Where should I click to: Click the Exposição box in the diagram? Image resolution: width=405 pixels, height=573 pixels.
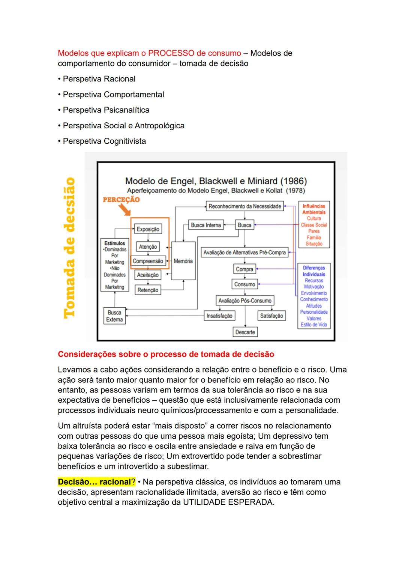pos(148,229)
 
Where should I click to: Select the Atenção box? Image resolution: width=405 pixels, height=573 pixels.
pos(148,247)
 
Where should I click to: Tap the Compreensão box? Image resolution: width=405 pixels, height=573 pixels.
pos(148,261)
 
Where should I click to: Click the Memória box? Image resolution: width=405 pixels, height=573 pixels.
pos(183,261)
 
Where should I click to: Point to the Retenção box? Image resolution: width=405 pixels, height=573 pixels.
pos(148,290)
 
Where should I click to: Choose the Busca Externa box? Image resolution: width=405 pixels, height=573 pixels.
pos(114,316)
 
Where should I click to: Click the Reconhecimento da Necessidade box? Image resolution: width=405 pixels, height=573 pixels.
pos(244,206)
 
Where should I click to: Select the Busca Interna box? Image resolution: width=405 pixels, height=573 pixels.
pos(205,225)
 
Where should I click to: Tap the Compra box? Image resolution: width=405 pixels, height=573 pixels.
pos(244,269)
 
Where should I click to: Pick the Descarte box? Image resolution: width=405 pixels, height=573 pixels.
pos(245,332)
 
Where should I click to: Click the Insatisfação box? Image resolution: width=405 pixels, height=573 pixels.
pos(219,316)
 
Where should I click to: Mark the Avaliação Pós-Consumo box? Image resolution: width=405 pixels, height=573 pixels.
pos(245,301)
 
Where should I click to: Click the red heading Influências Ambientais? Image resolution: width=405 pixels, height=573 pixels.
pos(314,209)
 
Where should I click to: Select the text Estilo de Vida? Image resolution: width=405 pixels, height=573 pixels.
pos(314,325)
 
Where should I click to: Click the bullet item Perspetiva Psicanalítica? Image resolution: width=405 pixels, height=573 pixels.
pos(106,110)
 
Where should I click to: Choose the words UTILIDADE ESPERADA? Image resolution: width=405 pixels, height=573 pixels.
pos(228,502)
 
